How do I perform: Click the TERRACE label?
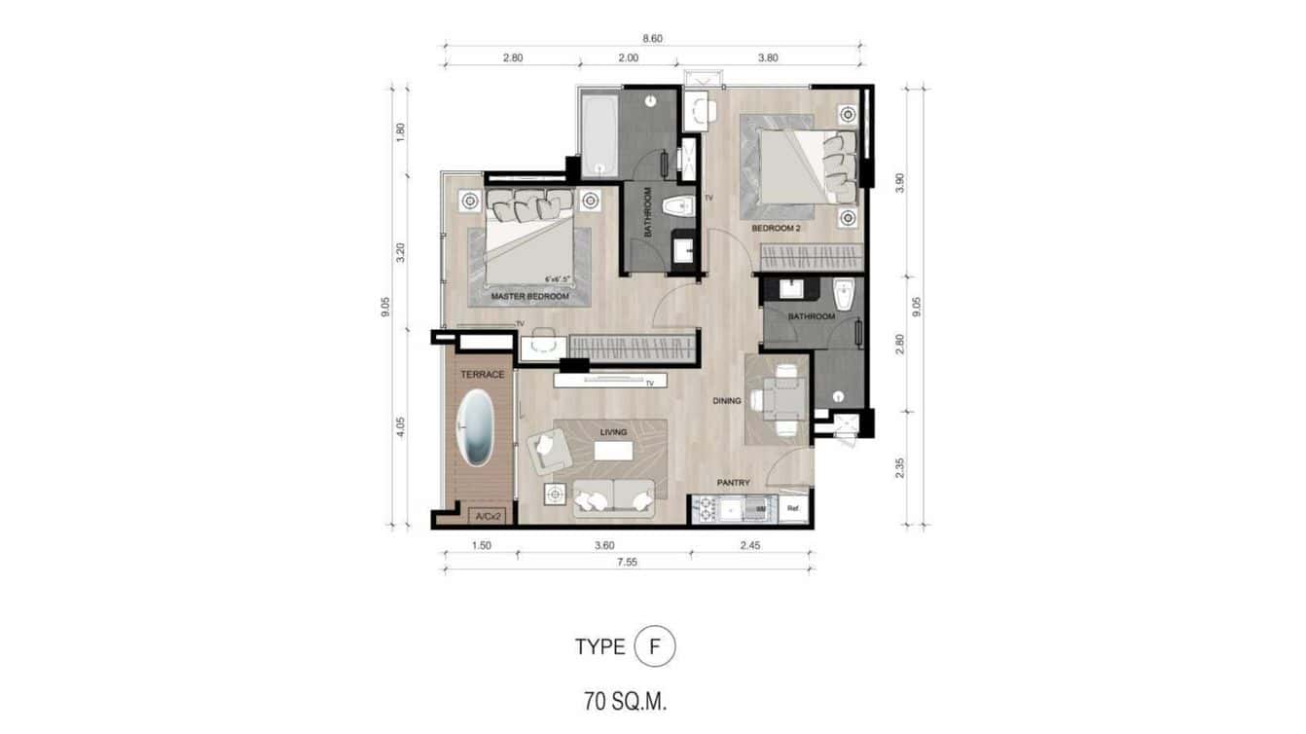pyautogui.click(x=483, y=375)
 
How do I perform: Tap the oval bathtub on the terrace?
pyautogui.click(x=476, y=428)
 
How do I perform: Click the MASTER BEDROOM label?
pyautogui.click(x=529, y=296)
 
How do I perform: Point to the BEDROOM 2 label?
pyautogui.click(x=776, y=229)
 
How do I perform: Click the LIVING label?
pyautogui.click(x=613, y=432)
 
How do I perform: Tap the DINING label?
pyautogui.click(x=726, y=400)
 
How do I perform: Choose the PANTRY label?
pyautogui.click(x=733, y=482)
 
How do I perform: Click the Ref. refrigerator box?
pyautogui.click(x=793, y=508)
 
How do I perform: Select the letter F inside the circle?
pyautogui.click(x=654, y=647)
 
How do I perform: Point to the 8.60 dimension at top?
pyautogui.click(x=653, y=39)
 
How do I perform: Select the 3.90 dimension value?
pyautogui.click(x=900, y=182)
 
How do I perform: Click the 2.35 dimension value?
pyautogui.click(x=900, y=468)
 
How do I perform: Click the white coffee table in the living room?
pyautogui.click(x=612, y=452)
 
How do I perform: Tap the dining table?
pyautogui.click(x=782, y=398)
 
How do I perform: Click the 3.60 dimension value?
pyautogui.click(x=603, y=545)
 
